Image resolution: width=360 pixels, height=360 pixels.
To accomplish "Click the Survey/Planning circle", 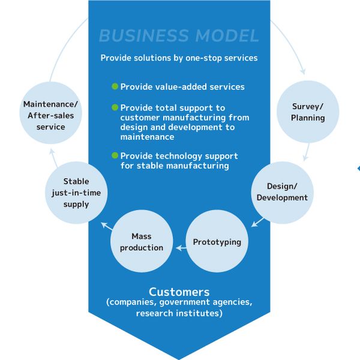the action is (308, 112).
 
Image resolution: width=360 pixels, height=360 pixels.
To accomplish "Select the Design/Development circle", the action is (282, 193).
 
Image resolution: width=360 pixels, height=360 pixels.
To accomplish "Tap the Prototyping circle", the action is (217, 241).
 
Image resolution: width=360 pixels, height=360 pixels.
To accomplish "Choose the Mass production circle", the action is (142, 241).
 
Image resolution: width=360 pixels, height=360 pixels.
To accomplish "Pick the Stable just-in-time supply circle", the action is (76, 193).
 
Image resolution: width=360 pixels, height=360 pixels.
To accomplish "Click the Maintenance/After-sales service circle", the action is (51, 113).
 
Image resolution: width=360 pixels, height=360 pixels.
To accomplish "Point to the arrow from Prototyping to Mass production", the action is (181, 248).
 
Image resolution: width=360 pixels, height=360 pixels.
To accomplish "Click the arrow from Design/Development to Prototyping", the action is (257, 222).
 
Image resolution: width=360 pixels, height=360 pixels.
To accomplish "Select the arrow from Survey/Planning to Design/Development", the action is (307, 152).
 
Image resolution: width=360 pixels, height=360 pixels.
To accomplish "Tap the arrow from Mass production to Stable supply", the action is (107, 226).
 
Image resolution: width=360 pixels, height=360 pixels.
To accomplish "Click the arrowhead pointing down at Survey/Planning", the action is (303, 71).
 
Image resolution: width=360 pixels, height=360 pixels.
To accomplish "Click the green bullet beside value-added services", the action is (115, 86).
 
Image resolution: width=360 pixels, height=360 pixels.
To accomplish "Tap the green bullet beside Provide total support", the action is (115, 107).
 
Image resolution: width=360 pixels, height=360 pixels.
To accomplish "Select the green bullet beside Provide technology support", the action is (115, 155).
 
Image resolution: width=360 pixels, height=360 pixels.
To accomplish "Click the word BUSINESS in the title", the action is (144, 36).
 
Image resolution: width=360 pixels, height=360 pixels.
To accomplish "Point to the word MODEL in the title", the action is (227, 36).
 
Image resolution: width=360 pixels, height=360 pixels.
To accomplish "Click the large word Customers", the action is (179, 292).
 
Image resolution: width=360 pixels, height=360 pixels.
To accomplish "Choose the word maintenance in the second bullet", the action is (147, 137).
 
